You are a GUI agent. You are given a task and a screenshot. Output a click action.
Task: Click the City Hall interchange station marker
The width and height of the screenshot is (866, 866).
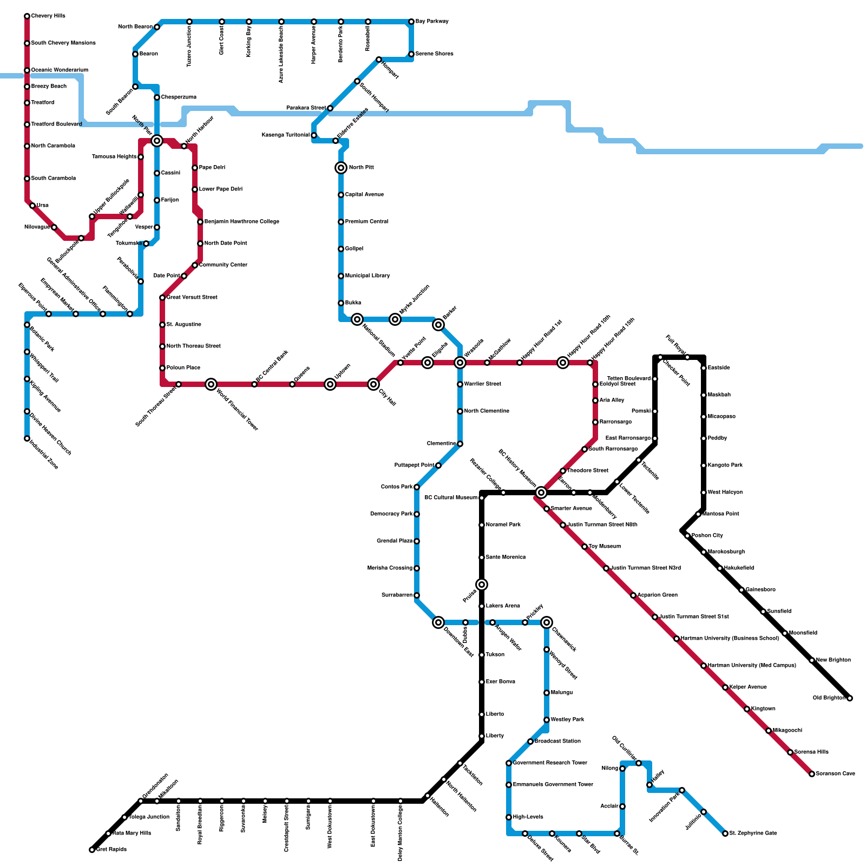coord(373,384)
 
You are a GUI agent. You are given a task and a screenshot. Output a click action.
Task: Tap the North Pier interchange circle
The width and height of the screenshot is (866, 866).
coord(157,141)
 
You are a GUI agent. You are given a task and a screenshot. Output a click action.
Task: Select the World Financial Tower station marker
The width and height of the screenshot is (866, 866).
coord(211,384)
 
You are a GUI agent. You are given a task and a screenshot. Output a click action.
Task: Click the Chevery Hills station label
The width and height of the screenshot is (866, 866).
coord(48,16)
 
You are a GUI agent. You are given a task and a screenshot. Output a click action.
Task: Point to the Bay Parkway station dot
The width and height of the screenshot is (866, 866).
coord(411,22)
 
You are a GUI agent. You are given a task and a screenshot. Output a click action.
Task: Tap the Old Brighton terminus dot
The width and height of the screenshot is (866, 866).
coord(850,698)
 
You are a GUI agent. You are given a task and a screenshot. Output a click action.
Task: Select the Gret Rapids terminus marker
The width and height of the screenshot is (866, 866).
coord(92,850)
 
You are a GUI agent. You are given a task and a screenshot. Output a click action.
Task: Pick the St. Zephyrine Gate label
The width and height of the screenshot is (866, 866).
coord(753,834)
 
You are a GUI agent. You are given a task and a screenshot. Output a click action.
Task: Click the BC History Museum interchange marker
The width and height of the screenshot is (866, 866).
coord(541,493)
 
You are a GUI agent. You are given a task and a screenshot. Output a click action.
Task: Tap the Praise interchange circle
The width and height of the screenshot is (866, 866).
coord(482,585)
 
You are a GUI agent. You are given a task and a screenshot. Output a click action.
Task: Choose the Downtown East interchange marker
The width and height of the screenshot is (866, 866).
coord(438,622)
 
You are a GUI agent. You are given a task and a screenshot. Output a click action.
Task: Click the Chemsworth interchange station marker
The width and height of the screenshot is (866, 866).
coord(547,622)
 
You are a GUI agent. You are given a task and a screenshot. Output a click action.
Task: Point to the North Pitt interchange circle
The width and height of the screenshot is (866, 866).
coord(341,168)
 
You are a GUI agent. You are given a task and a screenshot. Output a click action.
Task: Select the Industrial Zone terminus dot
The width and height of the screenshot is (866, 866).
coord(27,438)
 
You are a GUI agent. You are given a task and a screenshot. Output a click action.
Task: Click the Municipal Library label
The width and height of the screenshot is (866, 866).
coord(368,276)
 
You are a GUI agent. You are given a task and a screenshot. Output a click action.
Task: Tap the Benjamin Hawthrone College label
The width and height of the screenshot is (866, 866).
coord(242,222)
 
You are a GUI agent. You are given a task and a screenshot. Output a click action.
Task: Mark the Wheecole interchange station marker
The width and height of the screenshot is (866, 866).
coord(460,363)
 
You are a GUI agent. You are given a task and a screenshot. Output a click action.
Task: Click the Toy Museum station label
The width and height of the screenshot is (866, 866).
coord(605,547)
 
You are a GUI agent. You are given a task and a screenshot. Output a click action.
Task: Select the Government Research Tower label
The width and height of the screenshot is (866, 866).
coord(550,763)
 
